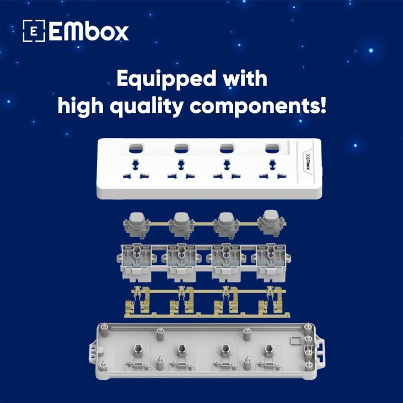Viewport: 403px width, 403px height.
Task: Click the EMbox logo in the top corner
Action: click(x=76, y=31)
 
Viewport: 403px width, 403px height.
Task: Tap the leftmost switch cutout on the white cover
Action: click(x=135, y=149)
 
